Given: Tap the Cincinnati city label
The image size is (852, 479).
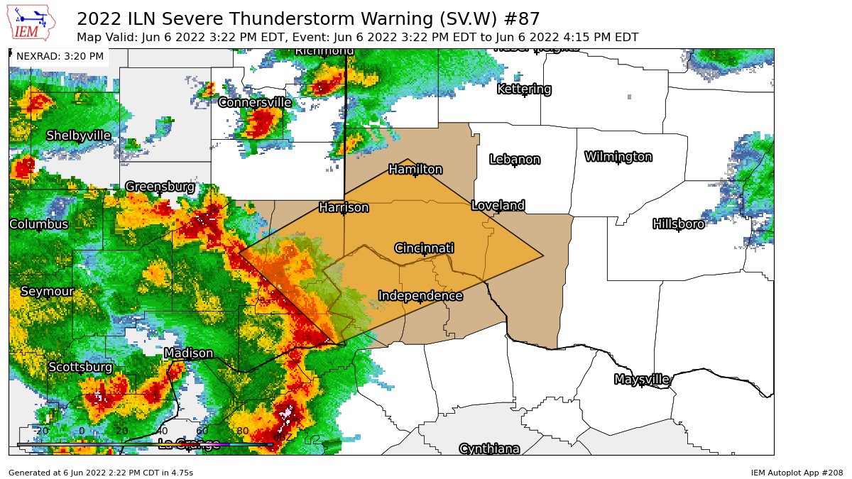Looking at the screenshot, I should point(424,248).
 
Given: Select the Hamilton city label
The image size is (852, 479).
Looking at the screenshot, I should point(415,169).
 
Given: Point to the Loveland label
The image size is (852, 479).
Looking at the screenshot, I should point(498,206).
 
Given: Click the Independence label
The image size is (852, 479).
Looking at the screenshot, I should point(420,295).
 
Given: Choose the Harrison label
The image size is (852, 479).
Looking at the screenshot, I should point(344,207).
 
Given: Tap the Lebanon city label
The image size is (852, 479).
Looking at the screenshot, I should point(515,159).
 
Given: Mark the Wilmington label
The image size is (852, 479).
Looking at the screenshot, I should point(618,156).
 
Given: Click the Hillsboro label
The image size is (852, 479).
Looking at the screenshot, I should point(678,224).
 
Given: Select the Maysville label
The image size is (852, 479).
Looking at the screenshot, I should point(641,379).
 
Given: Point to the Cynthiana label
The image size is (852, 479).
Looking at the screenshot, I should point(489,448).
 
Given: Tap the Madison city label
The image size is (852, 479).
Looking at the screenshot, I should point(188,353).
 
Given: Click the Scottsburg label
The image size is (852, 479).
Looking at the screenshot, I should point(80,367).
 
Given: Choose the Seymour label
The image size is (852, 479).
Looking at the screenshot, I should point(47,292).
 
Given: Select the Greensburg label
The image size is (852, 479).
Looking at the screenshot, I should point(160,186).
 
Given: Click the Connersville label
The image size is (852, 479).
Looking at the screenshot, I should point(254,102).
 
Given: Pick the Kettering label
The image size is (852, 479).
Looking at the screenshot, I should point(524,89).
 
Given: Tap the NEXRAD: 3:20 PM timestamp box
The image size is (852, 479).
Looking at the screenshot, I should point(60,56).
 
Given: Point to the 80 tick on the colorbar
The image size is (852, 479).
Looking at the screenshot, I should point(242,431).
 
